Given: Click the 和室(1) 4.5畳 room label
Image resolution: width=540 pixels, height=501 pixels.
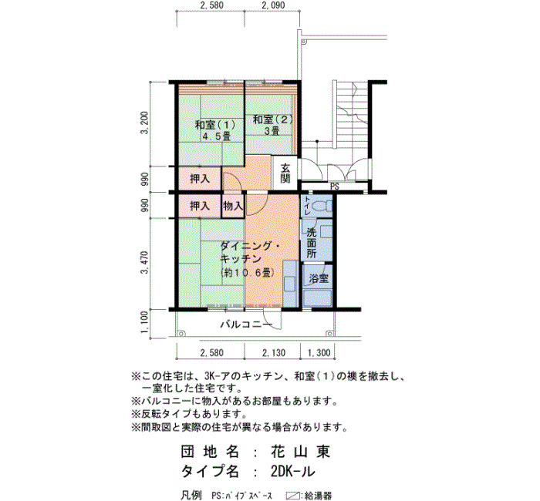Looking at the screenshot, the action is tap(215, 129).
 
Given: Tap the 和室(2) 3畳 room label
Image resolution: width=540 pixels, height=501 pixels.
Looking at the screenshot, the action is tap(273, 125).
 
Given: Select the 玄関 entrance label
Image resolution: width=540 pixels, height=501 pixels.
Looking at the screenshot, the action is tap(285, 173).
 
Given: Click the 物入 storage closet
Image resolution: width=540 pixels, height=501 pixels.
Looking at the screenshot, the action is tap(233, 206).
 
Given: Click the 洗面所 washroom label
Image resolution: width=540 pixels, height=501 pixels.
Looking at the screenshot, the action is tap(312, 243).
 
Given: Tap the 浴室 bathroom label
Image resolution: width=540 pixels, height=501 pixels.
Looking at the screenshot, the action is tap(319, 278).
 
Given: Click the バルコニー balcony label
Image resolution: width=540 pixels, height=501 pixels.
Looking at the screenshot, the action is tap(246, 324).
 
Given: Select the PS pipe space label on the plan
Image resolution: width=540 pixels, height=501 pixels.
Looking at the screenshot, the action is tap(335, 187).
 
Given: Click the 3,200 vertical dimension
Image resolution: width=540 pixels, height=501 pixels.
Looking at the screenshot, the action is tap(146, 123).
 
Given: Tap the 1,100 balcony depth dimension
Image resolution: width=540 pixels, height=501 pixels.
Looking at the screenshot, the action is tap(146, 322).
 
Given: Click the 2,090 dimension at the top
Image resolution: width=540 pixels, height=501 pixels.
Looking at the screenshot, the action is tap(273, 5).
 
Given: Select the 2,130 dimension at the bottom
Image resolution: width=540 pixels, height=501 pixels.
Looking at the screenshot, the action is tap(274, 352).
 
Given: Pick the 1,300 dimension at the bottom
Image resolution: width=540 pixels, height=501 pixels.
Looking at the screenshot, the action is tap(319, 352).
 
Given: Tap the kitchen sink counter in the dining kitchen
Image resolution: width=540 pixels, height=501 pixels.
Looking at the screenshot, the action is tap(290, 284).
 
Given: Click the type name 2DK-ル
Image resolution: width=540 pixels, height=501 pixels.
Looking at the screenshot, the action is tap(292, 471).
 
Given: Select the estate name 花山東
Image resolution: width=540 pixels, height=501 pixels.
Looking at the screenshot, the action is tap(300, 452).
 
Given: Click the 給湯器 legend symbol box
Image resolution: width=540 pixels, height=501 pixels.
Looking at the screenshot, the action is tap(292, 496).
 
